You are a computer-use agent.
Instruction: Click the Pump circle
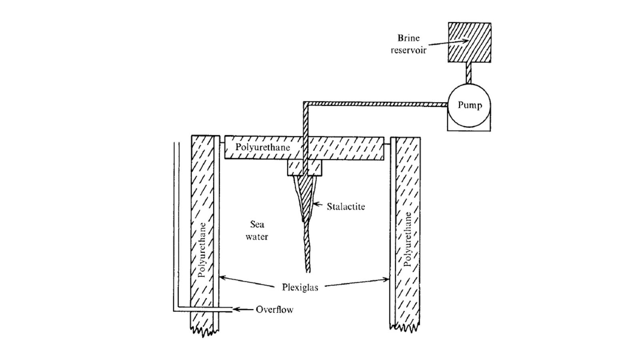tap(469, 105)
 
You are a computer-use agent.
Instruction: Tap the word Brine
tap(408, 38)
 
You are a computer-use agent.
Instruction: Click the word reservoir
tap(408, 50)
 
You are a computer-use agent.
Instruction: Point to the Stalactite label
tap(346, 206)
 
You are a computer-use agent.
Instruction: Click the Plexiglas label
tap(300, 287)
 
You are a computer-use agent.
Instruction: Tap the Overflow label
tap(274, 310)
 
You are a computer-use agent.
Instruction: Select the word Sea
tap(257, 224)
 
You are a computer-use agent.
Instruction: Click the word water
tap(257, 237)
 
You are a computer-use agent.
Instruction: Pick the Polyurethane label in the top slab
tap(262, 147)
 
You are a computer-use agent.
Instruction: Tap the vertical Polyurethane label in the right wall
tap(408, 239)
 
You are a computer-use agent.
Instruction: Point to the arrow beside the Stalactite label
tap(318, 205)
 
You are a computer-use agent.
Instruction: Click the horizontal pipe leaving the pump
tap(376, 104)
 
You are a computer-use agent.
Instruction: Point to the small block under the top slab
tap(304, 168)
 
